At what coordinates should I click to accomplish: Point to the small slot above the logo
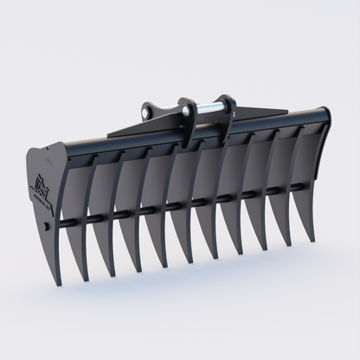coord(45,162)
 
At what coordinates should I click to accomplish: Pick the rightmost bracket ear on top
coord(228,109)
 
